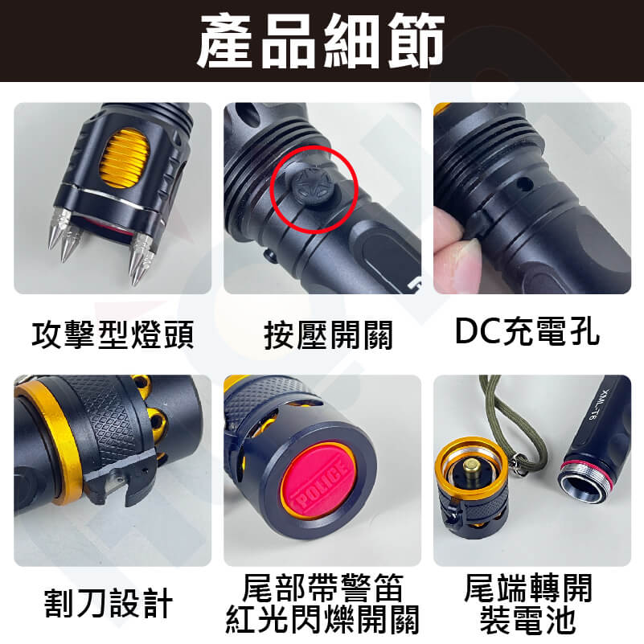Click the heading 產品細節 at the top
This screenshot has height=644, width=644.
321,41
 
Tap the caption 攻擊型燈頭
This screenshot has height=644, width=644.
113,334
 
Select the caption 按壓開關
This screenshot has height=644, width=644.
328,335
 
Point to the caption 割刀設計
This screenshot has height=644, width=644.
109,603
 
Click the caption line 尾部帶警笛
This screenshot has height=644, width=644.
323,588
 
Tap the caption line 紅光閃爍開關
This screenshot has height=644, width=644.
323,619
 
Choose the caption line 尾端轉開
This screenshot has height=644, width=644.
528,588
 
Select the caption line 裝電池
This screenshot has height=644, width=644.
528,619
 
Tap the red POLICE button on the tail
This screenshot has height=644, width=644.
318,478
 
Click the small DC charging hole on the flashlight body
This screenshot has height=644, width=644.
523,185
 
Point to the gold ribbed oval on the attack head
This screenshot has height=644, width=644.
124,158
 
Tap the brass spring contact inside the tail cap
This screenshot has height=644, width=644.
472,469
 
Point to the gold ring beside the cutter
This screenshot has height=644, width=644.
48,444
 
